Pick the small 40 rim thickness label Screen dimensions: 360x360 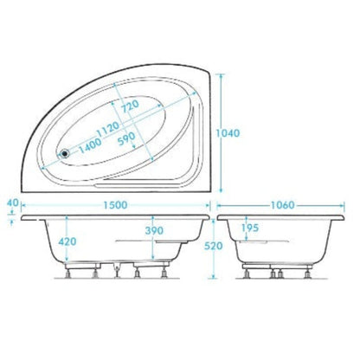pos(11,204)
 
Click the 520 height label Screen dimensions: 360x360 pos(227,246)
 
